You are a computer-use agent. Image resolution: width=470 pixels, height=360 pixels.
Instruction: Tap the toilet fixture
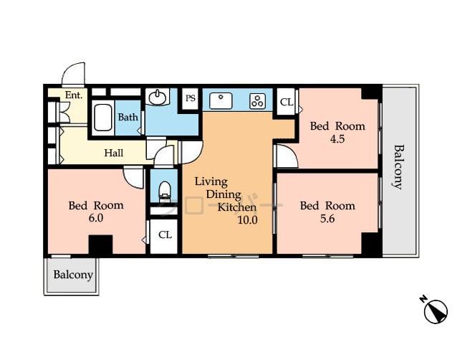tap(164, 189)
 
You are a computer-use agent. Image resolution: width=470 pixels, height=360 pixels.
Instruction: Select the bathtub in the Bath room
tap(103, 118)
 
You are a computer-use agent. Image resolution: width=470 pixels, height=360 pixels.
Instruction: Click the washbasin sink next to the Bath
tap(157, 97)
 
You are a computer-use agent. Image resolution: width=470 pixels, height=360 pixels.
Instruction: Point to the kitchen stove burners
tap(257, 101)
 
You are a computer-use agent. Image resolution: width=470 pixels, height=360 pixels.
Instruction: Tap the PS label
tap(191, 99)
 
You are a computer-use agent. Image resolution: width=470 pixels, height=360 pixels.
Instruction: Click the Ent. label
tap(73, 95)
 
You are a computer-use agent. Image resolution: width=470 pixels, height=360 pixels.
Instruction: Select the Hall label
tap(113, 153)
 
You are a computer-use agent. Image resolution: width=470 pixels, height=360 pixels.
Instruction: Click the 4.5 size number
tap(337, 140)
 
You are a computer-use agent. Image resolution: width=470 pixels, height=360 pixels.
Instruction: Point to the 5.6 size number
tap(327, 219)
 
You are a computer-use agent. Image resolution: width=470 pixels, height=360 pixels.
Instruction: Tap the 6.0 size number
tap(96, 219)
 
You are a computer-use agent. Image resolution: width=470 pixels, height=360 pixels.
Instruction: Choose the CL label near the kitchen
tap(287, 103)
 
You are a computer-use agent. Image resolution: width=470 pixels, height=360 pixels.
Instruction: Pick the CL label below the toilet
tap(165, 235)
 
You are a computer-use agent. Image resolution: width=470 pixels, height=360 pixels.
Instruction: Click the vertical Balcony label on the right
tap(398, 167)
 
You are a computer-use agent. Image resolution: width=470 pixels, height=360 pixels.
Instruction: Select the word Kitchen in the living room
tap(237, 207)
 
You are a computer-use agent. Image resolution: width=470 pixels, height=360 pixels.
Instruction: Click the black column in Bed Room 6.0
tap(100, 245)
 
